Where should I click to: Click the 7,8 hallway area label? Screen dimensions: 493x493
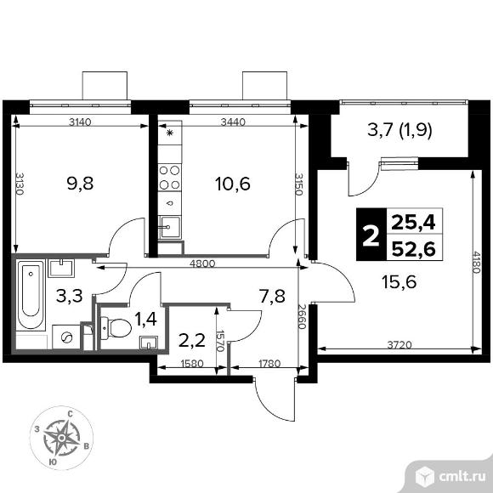click(272, 297)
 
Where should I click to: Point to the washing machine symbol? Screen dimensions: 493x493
click(65, 335)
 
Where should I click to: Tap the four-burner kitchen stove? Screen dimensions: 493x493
click(169, 176)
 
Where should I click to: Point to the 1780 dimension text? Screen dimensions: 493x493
click(269, 364)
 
